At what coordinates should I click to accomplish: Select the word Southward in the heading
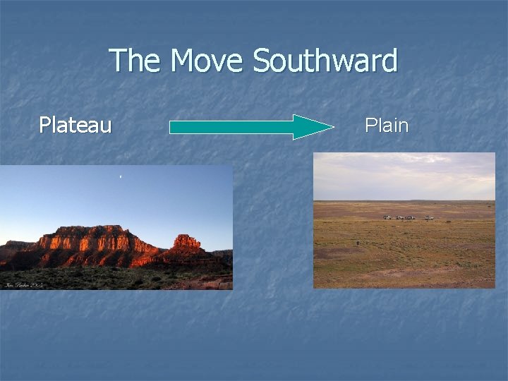pos(325,61)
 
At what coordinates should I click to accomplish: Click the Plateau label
pos(75,126)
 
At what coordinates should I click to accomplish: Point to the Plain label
pos(387,126)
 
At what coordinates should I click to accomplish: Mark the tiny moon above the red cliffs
pos(121,175)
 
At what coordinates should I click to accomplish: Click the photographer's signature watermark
pos(24,284)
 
